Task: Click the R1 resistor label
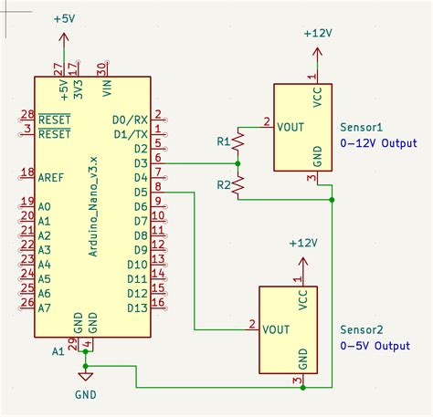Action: pos(223,141)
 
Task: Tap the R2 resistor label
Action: pos(223,185)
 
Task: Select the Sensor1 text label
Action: pos(361,129)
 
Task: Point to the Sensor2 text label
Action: pos(361,330)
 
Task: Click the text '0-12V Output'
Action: pos(378,144)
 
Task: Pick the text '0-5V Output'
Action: pos(375,346)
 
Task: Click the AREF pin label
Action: pos(51,172)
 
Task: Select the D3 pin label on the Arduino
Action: pos(140,162)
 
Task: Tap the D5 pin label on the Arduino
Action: pos(140,192)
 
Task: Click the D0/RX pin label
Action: pos(130,120)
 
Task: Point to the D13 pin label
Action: pos(136,308)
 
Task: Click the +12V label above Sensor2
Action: pos(302,244)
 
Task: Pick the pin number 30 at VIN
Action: pos(103,67)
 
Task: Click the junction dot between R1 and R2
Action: pos(238,163)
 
